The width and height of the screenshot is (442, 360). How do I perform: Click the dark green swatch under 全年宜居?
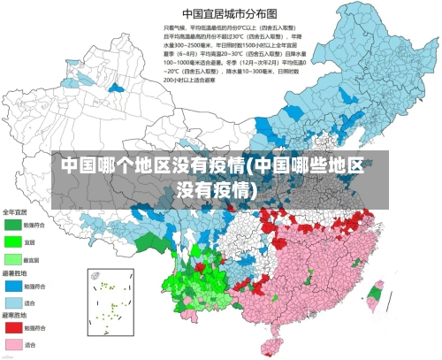click(12, 224)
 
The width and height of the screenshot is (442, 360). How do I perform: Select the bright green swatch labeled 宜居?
click(12, 241)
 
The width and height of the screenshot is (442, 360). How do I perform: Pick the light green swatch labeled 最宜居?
click(12, 258)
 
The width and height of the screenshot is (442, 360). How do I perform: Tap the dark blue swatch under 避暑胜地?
click(12, 286)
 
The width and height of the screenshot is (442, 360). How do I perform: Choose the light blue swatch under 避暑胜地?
click(12, 303)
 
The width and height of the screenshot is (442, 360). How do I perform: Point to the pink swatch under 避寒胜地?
click(12, 344)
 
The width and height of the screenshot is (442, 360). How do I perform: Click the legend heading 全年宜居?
click(15, 212)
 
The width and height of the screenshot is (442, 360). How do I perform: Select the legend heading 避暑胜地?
click(15, 273)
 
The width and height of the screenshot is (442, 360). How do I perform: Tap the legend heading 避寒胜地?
click(15, 316)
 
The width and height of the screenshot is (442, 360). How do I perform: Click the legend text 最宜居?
click(32, 258)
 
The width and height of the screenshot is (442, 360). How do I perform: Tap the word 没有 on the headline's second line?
click(198, 190)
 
